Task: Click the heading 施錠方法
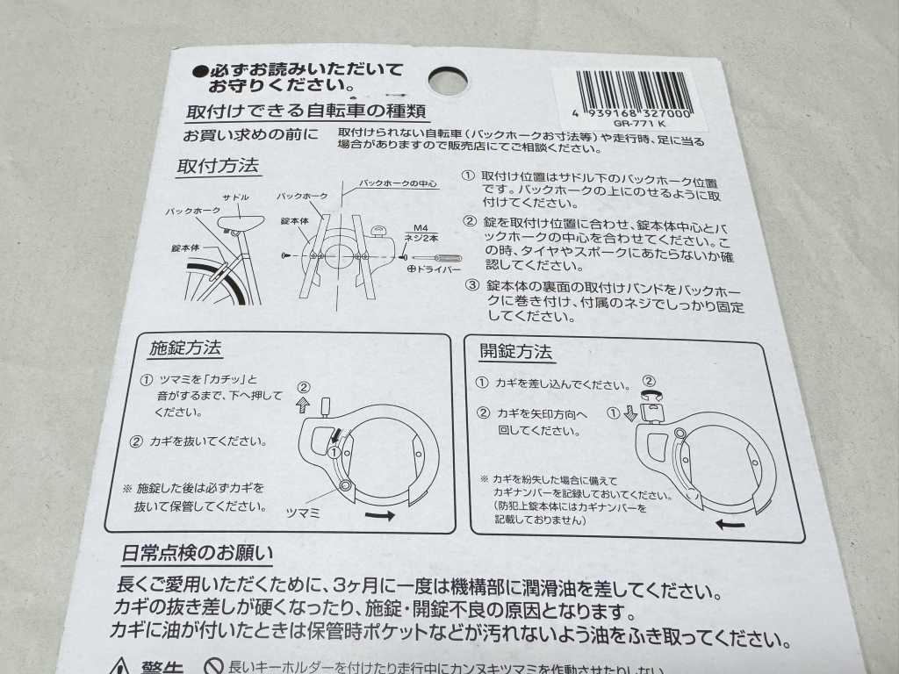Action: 185,347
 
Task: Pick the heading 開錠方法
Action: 515,352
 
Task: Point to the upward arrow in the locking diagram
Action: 303,405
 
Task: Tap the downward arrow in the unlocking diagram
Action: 629,414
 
